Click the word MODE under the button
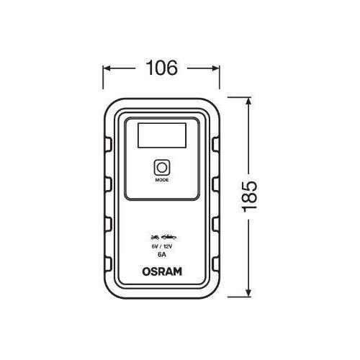pos(161,181)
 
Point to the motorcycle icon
pos(153,236)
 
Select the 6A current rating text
pos(161,254)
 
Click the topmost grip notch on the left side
pos(107,143)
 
